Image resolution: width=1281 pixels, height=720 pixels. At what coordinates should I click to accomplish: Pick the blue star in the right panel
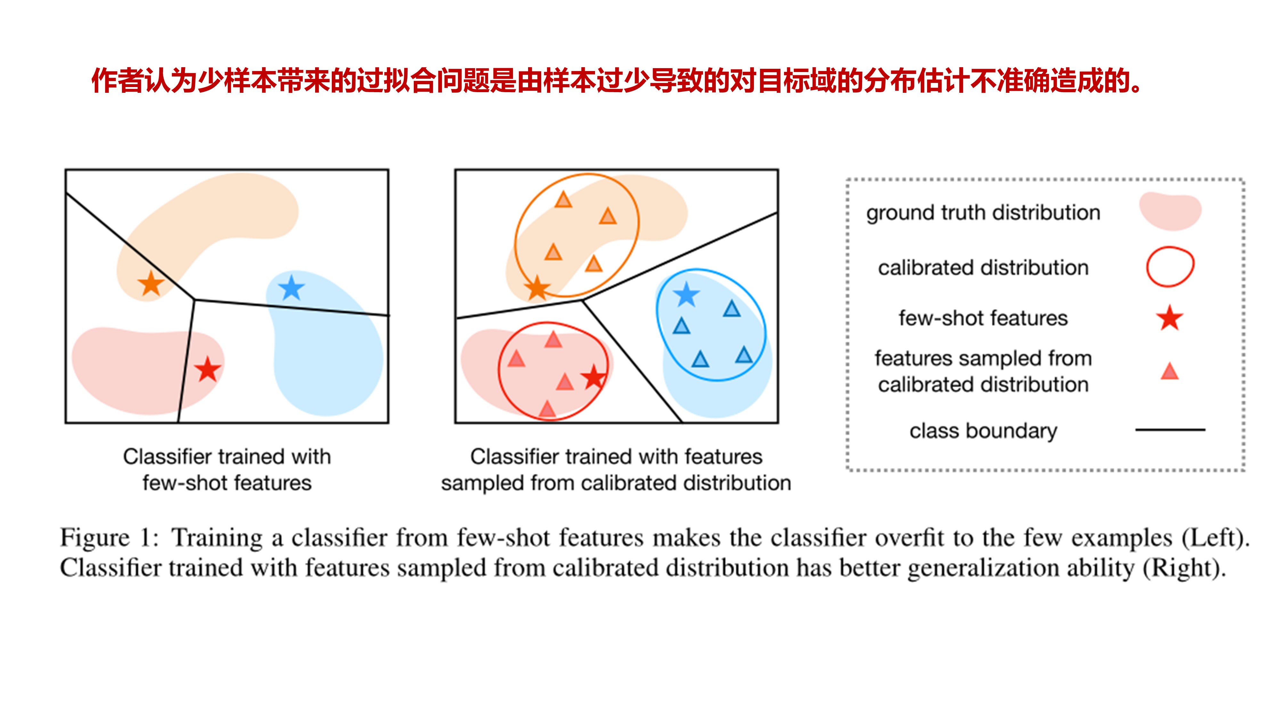(x=686, y=295)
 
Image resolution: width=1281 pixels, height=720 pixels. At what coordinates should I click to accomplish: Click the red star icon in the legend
(x=1169, y=318)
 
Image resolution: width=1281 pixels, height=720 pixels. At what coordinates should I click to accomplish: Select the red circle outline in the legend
(x=1170, y=267)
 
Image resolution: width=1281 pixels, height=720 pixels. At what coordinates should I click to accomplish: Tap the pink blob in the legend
(x=1170, y=211)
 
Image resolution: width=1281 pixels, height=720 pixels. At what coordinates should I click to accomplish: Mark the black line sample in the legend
(x=1170, y=429)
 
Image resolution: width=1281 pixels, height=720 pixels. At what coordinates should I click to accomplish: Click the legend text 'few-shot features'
(x=983, y=318)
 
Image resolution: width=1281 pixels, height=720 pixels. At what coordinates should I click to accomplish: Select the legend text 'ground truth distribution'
(x=983, y=213)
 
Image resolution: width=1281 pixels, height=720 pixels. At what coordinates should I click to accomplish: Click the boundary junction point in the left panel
(x=194, y=300)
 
